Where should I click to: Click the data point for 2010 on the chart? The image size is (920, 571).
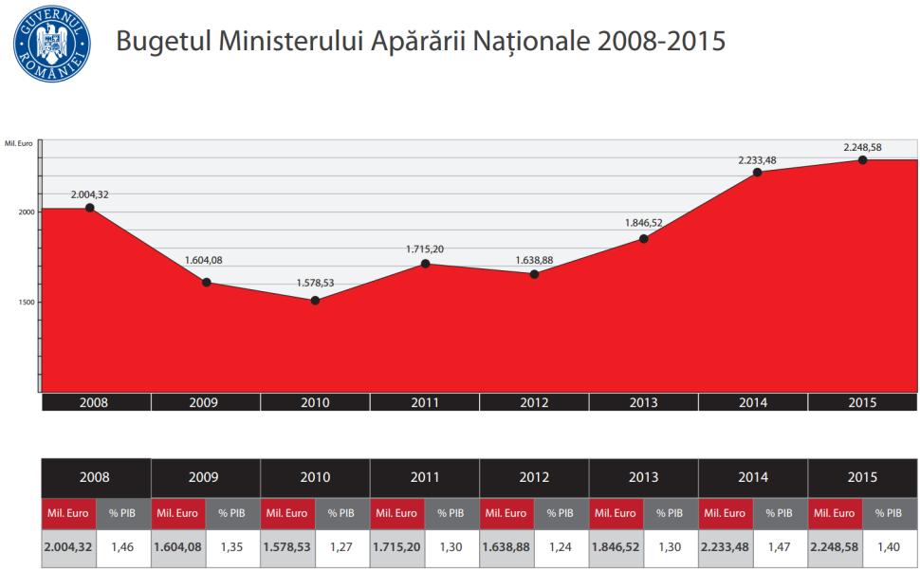(315, 301)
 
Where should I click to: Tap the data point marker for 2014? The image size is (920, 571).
(757, 172)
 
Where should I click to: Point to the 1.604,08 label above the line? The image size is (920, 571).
(205, 260)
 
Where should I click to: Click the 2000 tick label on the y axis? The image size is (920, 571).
(26, 212)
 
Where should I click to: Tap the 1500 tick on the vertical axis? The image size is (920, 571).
(26, 303)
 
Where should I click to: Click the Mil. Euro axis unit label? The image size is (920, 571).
(19, 143)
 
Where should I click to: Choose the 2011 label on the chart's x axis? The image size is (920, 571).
(425, 403)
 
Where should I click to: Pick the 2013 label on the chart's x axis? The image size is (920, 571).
(643, 403)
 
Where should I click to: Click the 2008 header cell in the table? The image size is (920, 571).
(95, 477)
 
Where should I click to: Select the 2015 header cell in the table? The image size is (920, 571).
(862, 477)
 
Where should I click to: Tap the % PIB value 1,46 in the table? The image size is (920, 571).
(122, 547)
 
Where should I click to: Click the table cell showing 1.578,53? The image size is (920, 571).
(287, 547)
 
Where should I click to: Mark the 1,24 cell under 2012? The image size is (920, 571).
(560, 547)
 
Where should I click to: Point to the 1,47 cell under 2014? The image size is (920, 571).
(779, 547)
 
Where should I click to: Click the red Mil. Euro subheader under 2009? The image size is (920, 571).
(177, 513)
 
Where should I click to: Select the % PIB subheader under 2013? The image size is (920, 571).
(670, 513)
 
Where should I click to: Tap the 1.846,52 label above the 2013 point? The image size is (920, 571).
(644, 222)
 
